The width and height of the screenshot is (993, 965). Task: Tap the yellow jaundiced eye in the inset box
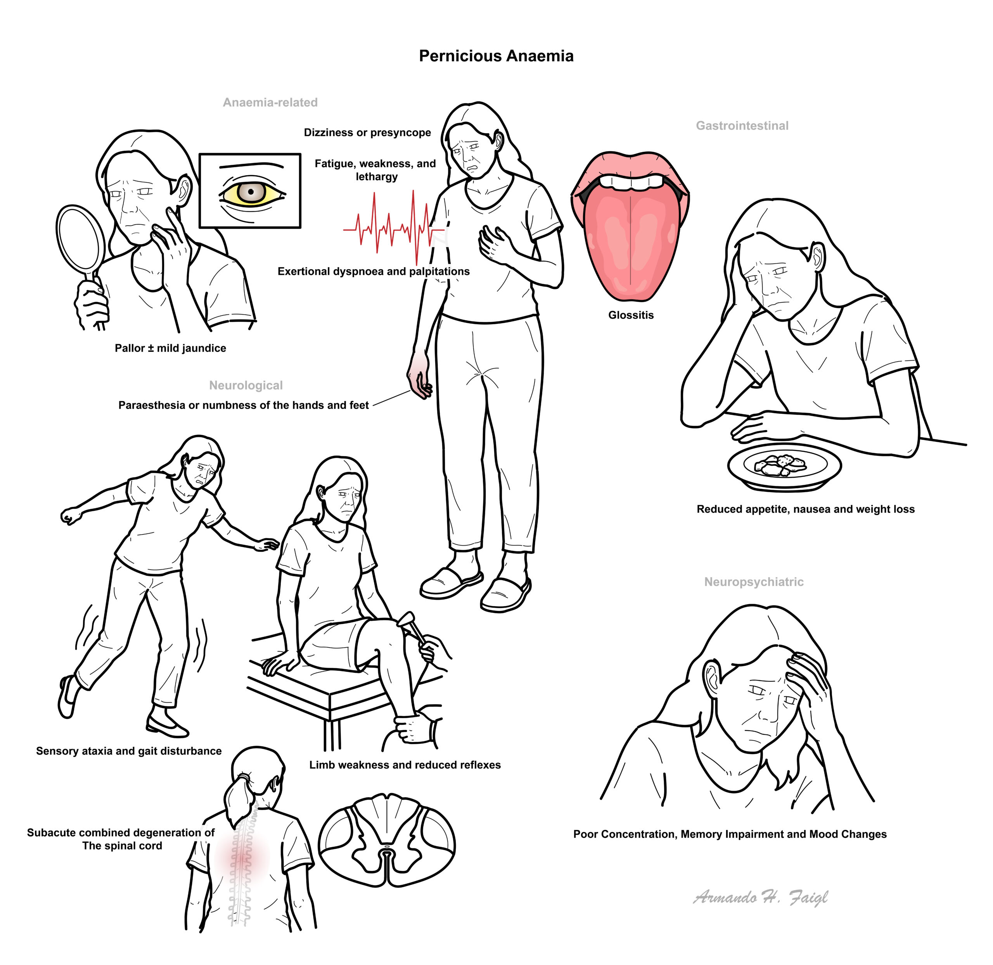point(251,192)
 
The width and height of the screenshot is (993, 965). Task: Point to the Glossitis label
point(630,315)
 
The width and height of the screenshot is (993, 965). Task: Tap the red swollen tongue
point(630,243)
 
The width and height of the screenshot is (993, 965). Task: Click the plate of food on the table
point(784,466)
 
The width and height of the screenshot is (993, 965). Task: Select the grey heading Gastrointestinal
point(742,126)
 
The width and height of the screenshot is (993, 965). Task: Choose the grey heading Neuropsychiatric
point(753,582)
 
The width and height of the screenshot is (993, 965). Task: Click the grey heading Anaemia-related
point(270,102)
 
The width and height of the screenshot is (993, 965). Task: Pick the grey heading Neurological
point(246,385)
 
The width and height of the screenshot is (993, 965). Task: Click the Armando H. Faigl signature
point(760,898)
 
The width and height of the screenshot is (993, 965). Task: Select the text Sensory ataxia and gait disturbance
point(129,751)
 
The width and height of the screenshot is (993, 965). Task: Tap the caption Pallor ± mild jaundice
point(170,348)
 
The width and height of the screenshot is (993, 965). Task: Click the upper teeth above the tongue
point(630,182)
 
